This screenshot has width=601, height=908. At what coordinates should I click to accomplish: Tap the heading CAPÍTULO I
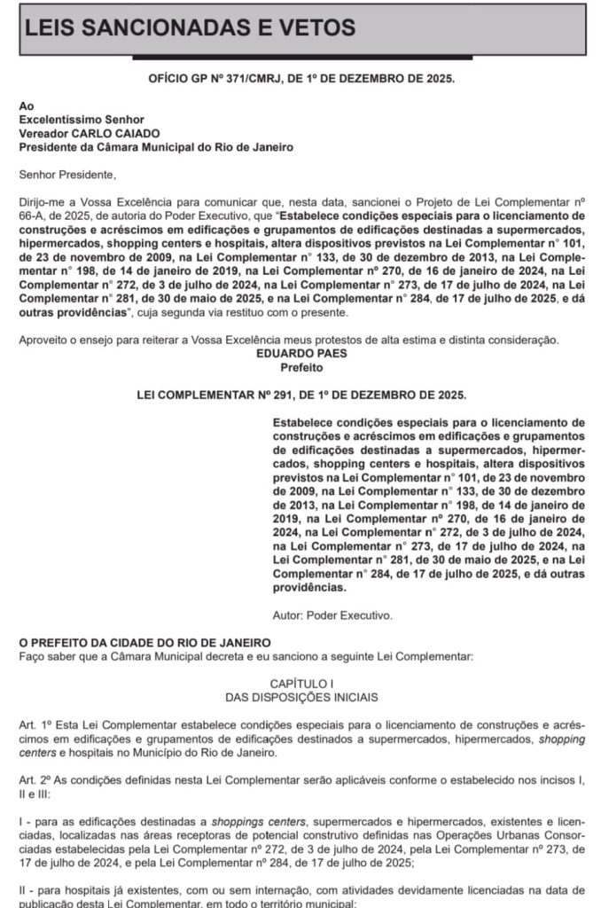click(x=301, y=685)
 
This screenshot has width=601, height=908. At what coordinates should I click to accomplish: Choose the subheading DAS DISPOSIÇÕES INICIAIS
click(x=301, y=699)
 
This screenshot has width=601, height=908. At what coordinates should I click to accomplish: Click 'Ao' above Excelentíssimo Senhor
click(x=26, y=105)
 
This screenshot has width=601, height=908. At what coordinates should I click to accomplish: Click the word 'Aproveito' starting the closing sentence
click(x=44, y=339)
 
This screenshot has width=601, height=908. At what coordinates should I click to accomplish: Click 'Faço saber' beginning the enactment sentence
click(x=50, y=656)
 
